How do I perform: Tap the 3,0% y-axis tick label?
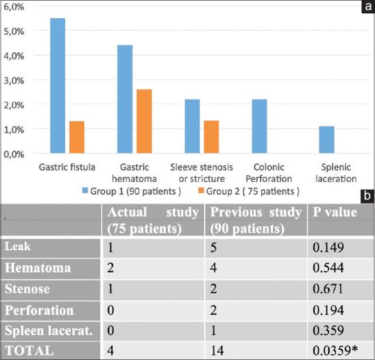[15, 80]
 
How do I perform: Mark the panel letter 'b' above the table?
[366, 198]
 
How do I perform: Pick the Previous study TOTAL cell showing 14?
[217, 351]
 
